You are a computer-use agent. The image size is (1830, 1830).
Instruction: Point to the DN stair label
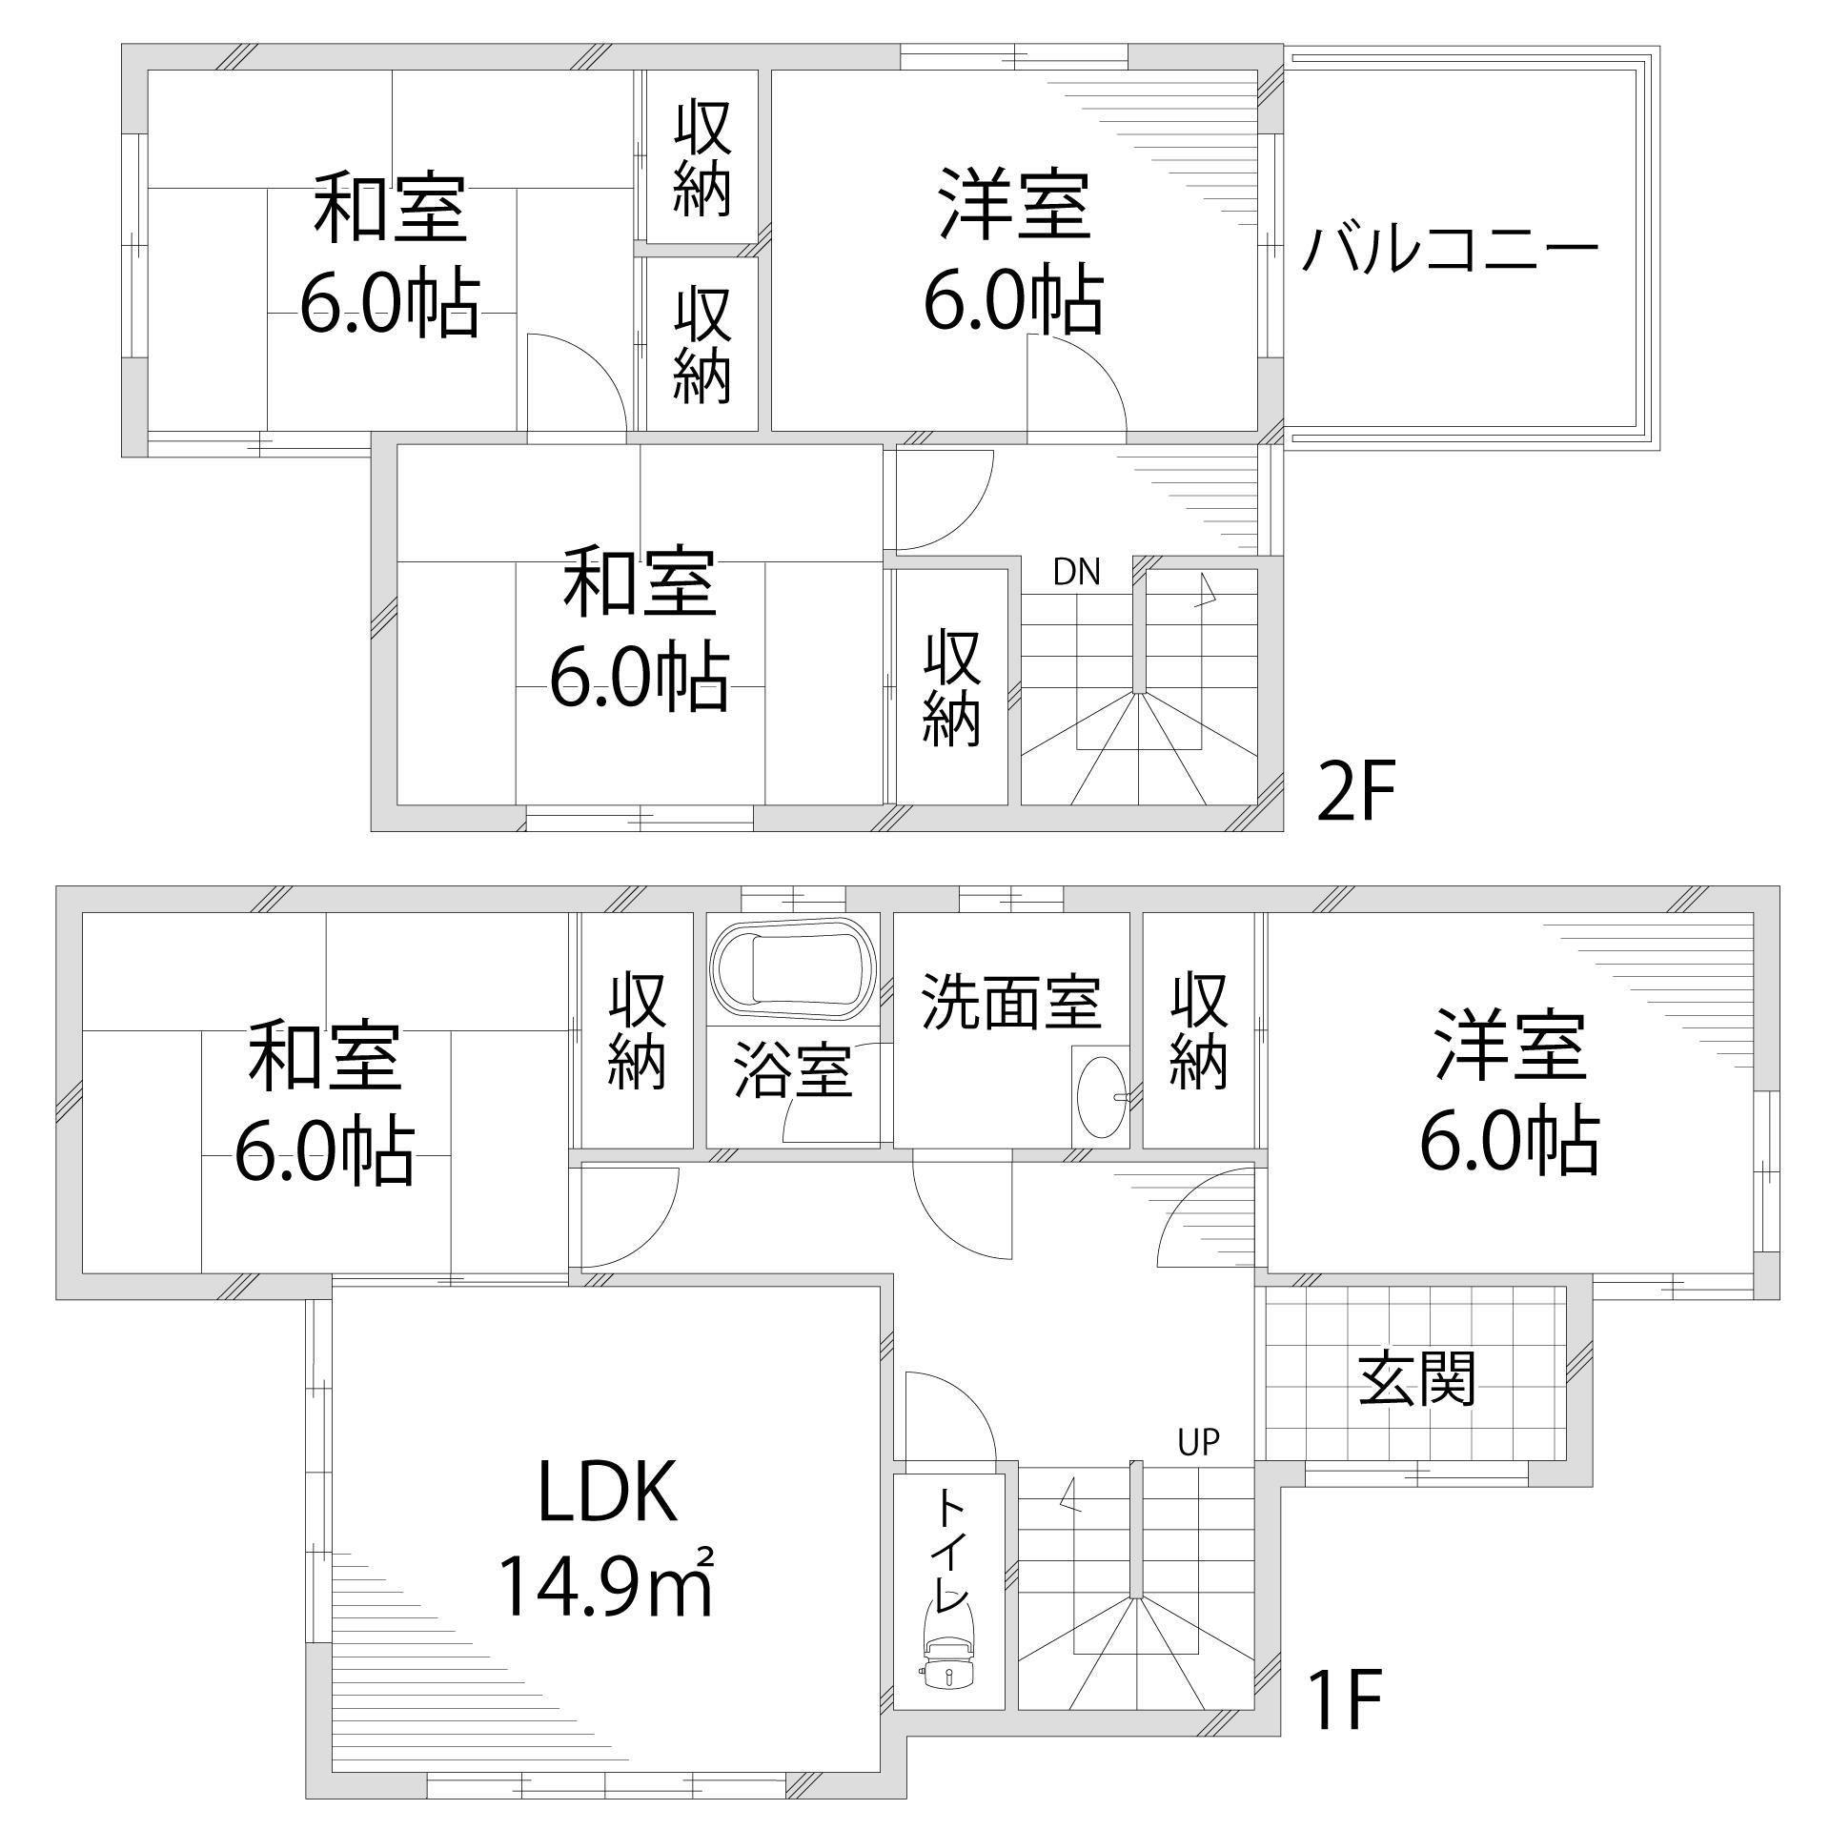coord(1077,573)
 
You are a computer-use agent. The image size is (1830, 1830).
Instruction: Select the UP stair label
coord(1198,1442)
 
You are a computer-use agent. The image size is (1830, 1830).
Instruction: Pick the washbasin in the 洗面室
coord(1099,1096)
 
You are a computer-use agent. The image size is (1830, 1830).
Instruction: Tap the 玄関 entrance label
coord(1416,1378)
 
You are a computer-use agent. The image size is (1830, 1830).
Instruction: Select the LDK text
coord(608,1493)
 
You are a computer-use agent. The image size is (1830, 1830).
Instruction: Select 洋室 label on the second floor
coord(1014,204)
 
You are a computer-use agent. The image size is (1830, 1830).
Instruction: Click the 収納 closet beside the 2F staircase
coord(951,686)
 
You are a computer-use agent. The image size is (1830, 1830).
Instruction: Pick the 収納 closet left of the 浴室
coord(637,1030)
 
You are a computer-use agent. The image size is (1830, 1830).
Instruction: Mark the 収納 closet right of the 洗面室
coord(1198,1030)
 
